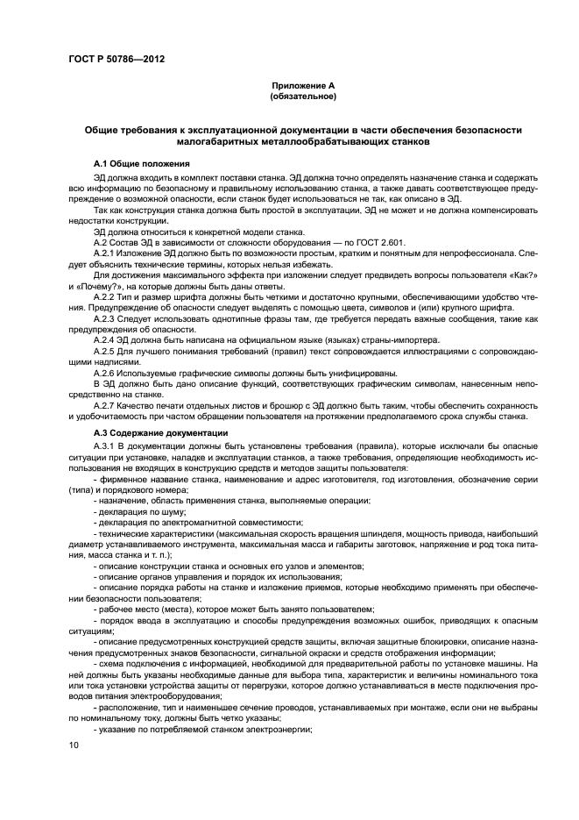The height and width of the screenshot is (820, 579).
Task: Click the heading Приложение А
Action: [x=303, y=86]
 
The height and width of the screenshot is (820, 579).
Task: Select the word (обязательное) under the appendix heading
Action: [x=303, y=96]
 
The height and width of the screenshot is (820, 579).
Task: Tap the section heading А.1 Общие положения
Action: [x=140, y=164]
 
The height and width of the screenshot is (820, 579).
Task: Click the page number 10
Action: [x=73, y=745]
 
